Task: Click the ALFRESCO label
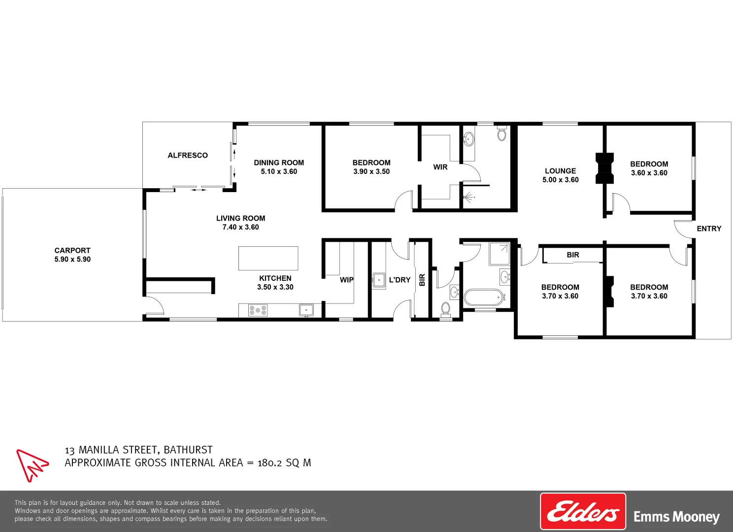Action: pyautogui.click(x=188, y=155)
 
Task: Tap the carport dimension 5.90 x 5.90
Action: pyautogui.click(x=72, y=259)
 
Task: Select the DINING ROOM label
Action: pyautogui.click(x=279, y=163)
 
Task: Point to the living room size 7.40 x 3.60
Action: pyautogui.click(x=240, y=227)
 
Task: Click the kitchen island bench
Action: pyautogui.click(x=268, y=258)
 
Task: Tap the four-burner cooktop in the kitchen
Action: pyautogui.click(x=258, y=310)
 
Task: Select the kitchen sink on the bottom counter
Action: pyautogui.click(x=306, y=310)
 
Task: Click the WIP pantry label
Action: pyautogui.click(x=346, y=280)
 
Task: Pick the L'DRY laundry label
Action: pyautogui.click(x=400, y=280)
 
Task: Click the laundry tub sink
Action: pyautogui.click(x=379, y=280)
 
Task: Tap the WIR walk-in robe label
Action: pyautogui.click(x=440, y=167)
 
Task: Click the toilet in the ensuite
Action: pyautogui.click(x=501, y=133)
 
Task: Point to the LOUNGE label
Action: pyautogui.click(x=560, y=171)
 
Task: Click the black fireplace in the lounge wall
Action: pyautogui.click(x=604, y=168)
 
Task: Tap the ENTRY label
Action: pyautogui.click(x=709, y=229)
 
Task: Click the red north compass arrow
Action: pyautogui.click(x=32, y=465)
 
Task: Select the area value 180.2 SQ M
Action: pyautogui.click(x=284, y=463)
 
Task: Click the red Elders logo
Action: pyautogui.click(x=583, y=511)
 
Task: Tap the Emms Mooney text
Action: pyautogui.click(x=676, y=517)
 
